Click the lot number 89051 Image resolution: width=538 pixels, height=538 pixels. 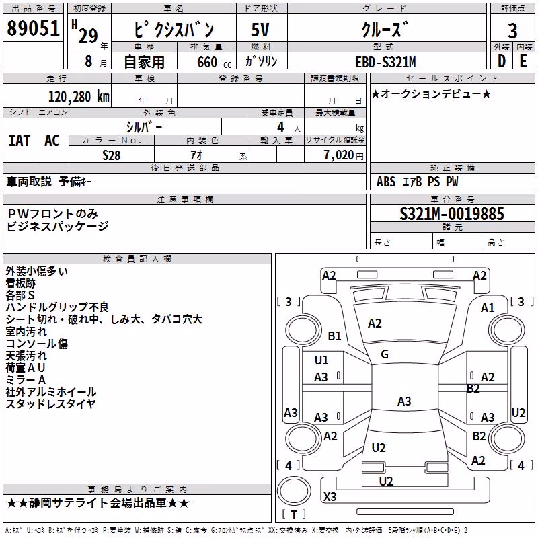[33, 28]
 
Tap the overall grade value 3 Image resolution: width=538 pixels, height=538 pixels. [512, 30]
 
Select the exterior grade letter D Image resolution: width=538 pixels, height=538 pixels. [502, 61]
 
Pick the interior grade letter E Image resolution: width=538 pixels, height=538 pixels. [523, 61]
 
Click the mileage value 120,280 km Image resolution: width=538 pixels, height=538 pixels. [79, 97]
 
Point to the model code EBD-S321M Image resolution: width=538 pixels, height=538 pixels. [385, 62]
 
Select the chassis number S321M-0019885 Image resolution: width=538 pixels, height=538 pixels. [452, 214]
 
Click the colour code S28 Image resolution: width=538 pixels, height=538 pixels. [112, 155]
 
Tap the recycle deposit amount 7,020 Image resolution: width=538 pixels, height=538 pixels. [339, 155]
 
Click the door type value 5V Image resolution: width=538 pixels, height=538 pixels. [260, 30]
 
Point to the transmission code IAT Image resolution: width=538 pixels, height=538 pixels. [20, 141]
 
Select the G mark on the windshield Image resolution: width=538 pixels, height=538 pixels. [385, 354]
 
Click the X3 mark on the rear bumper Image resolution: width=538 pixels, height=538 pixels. [330, 496]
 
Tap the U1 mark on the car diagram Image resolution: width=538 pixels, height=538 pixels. [321, 360]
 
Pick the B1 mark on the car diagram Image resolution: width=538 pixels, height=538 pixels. [334, 336]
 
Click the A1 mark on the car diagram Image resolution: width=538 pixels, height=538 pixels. [488, 308]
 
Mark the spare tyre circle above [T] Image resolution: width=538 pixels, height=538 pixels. [294, 491]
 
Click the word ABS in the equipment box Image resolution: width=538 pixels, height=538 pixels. [386, 182]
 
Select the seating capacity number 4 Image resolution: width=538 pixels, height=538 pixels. [280, 128]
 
